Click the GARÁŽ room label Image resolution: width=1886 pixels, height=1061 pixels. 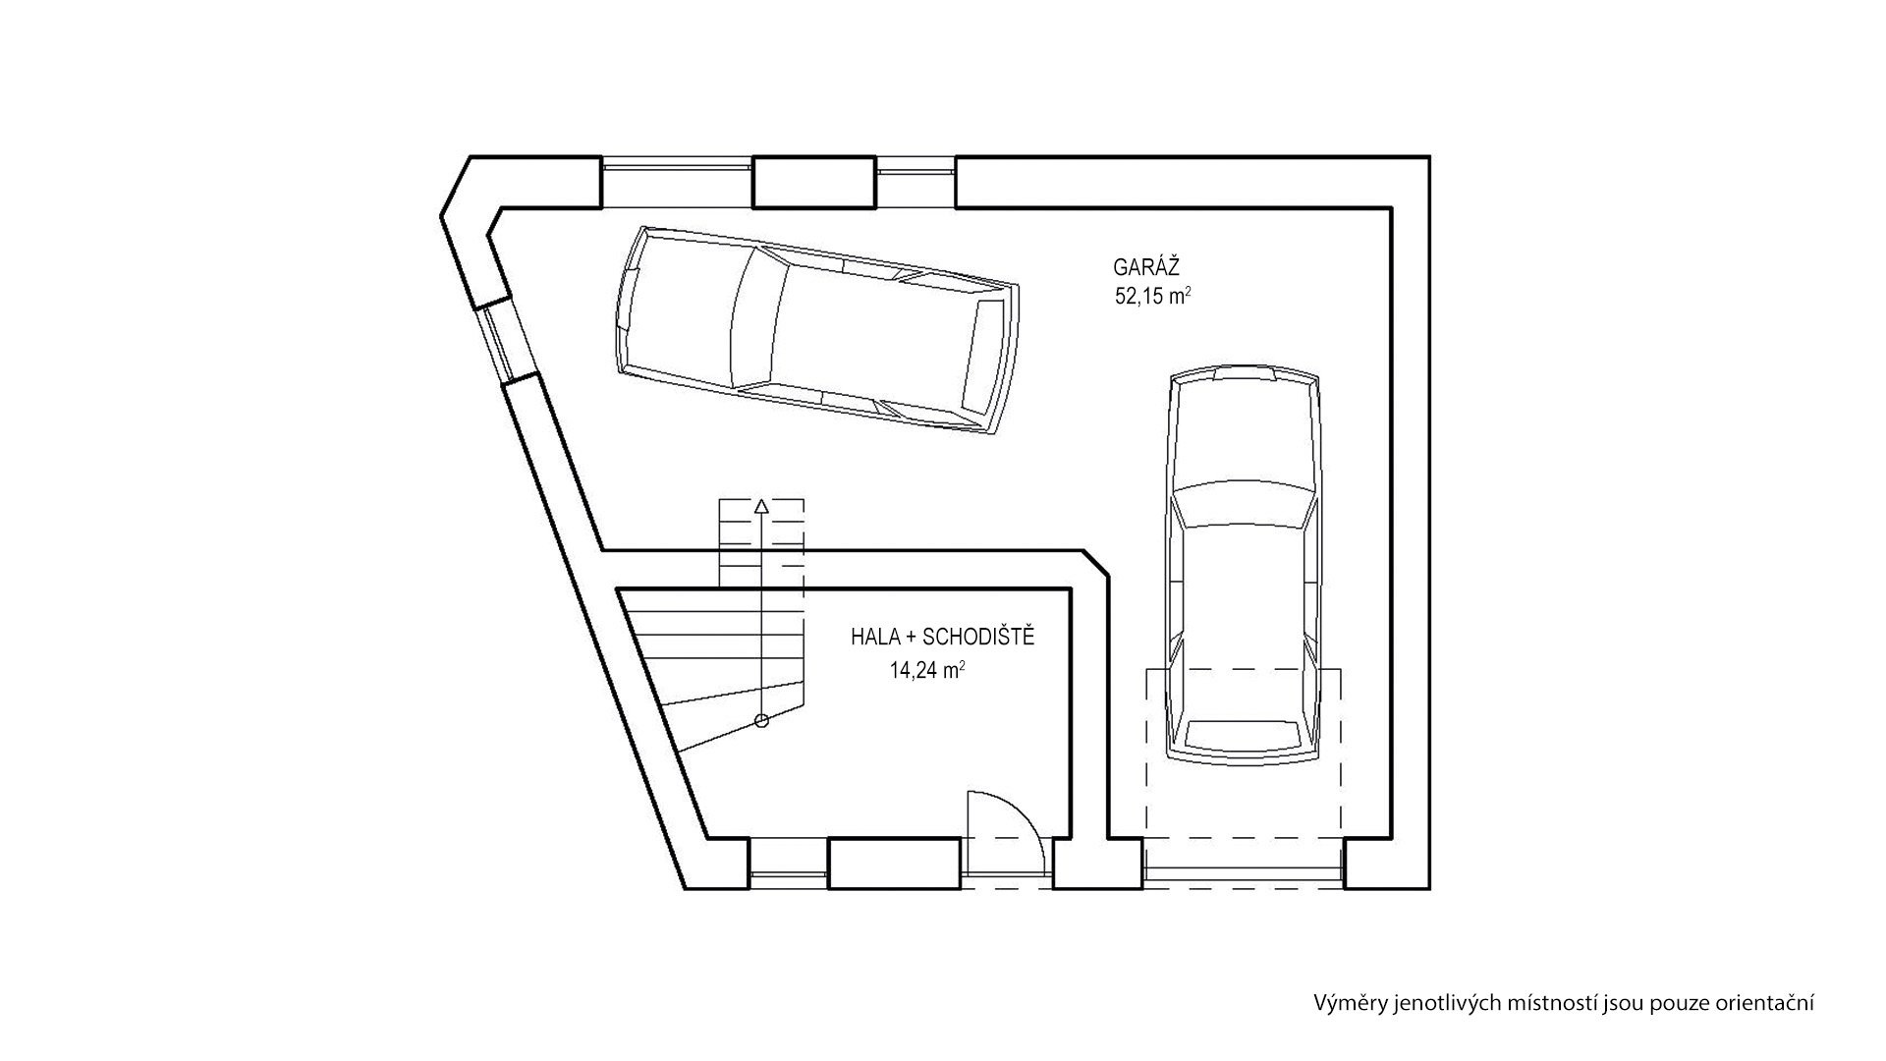[1145, 266]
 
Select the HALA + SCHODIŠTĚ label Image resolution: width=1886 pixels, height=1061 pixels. [943, 638]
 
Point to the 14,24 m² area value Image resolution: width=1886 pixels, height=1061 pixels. [926, 671]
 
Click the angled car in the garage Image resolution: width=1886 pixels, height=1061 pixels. [816, 329]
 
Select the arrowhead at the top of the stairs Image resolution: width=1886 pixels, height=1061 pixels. [761, 507]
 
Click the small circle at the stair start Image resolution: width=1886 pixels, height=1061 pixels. [761, 721]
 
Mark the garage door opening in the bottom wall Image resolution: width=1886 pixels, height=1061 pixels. [1245, 865]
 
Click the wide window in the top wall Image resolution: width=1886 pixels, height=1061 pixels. [677, 182]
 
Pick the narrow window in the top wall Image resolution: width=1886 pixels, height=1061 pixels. [915, 182]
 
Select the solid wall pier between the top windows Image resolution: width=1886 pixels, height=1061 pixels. [814, 182]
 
